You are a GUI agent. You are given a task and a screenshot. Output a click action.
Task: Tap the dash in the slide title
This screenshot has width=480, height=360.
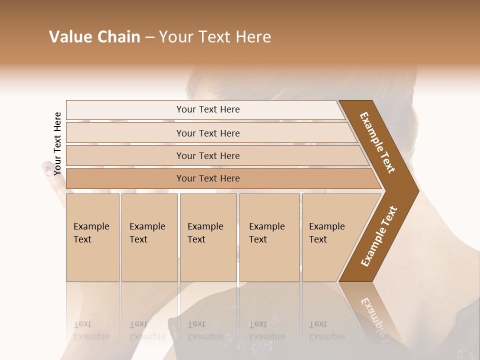pos(149,37)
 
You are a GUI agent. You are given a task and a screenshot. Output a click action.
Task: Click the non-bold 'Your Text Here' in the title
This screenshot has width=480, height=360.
pos(215,37)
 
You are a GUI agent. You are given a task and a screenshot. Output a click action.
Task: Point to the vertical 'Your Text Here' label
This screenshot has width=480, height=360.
pos(57,143)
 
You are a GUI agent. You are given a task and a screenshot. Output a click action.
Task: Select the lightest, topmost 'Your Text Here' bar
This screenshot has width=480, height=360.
pos(207,109)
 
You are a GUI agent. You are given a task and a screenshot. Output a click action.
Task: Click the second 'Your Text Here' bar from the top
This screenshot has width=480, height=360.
pos(207,133)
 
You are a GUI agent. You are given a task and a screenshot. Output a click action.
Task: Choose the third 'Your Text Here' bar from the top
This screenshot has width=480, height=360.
pos(207,155)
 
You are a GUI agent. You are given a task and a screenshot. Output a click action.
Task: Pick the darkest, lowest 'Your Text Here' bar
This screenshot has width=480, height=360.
pos(207,178)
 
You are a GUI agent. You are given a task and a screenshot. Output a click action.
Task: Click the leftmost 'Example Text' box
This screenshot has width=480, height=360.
pos(92,237)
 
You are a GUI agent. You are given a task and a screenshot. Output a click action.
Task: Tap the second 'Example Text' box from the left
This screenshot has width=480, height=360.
pos(149,237)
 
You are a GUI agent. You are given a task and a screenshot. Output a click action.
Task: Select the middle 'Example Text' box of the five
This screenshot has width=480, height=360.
pos(208,237)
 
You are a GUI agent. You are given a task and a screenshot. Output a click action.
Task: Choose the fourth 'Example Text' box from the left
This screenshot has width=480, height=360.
pos(269,237)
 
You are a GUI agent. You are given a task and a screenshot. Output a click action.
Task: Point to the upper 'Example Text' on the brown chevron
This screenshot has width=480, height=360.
pos(377,142)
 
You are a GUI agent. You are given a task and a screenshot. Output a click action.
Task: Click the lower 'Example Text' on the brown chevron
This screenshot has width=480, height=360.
pos(379,236)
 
